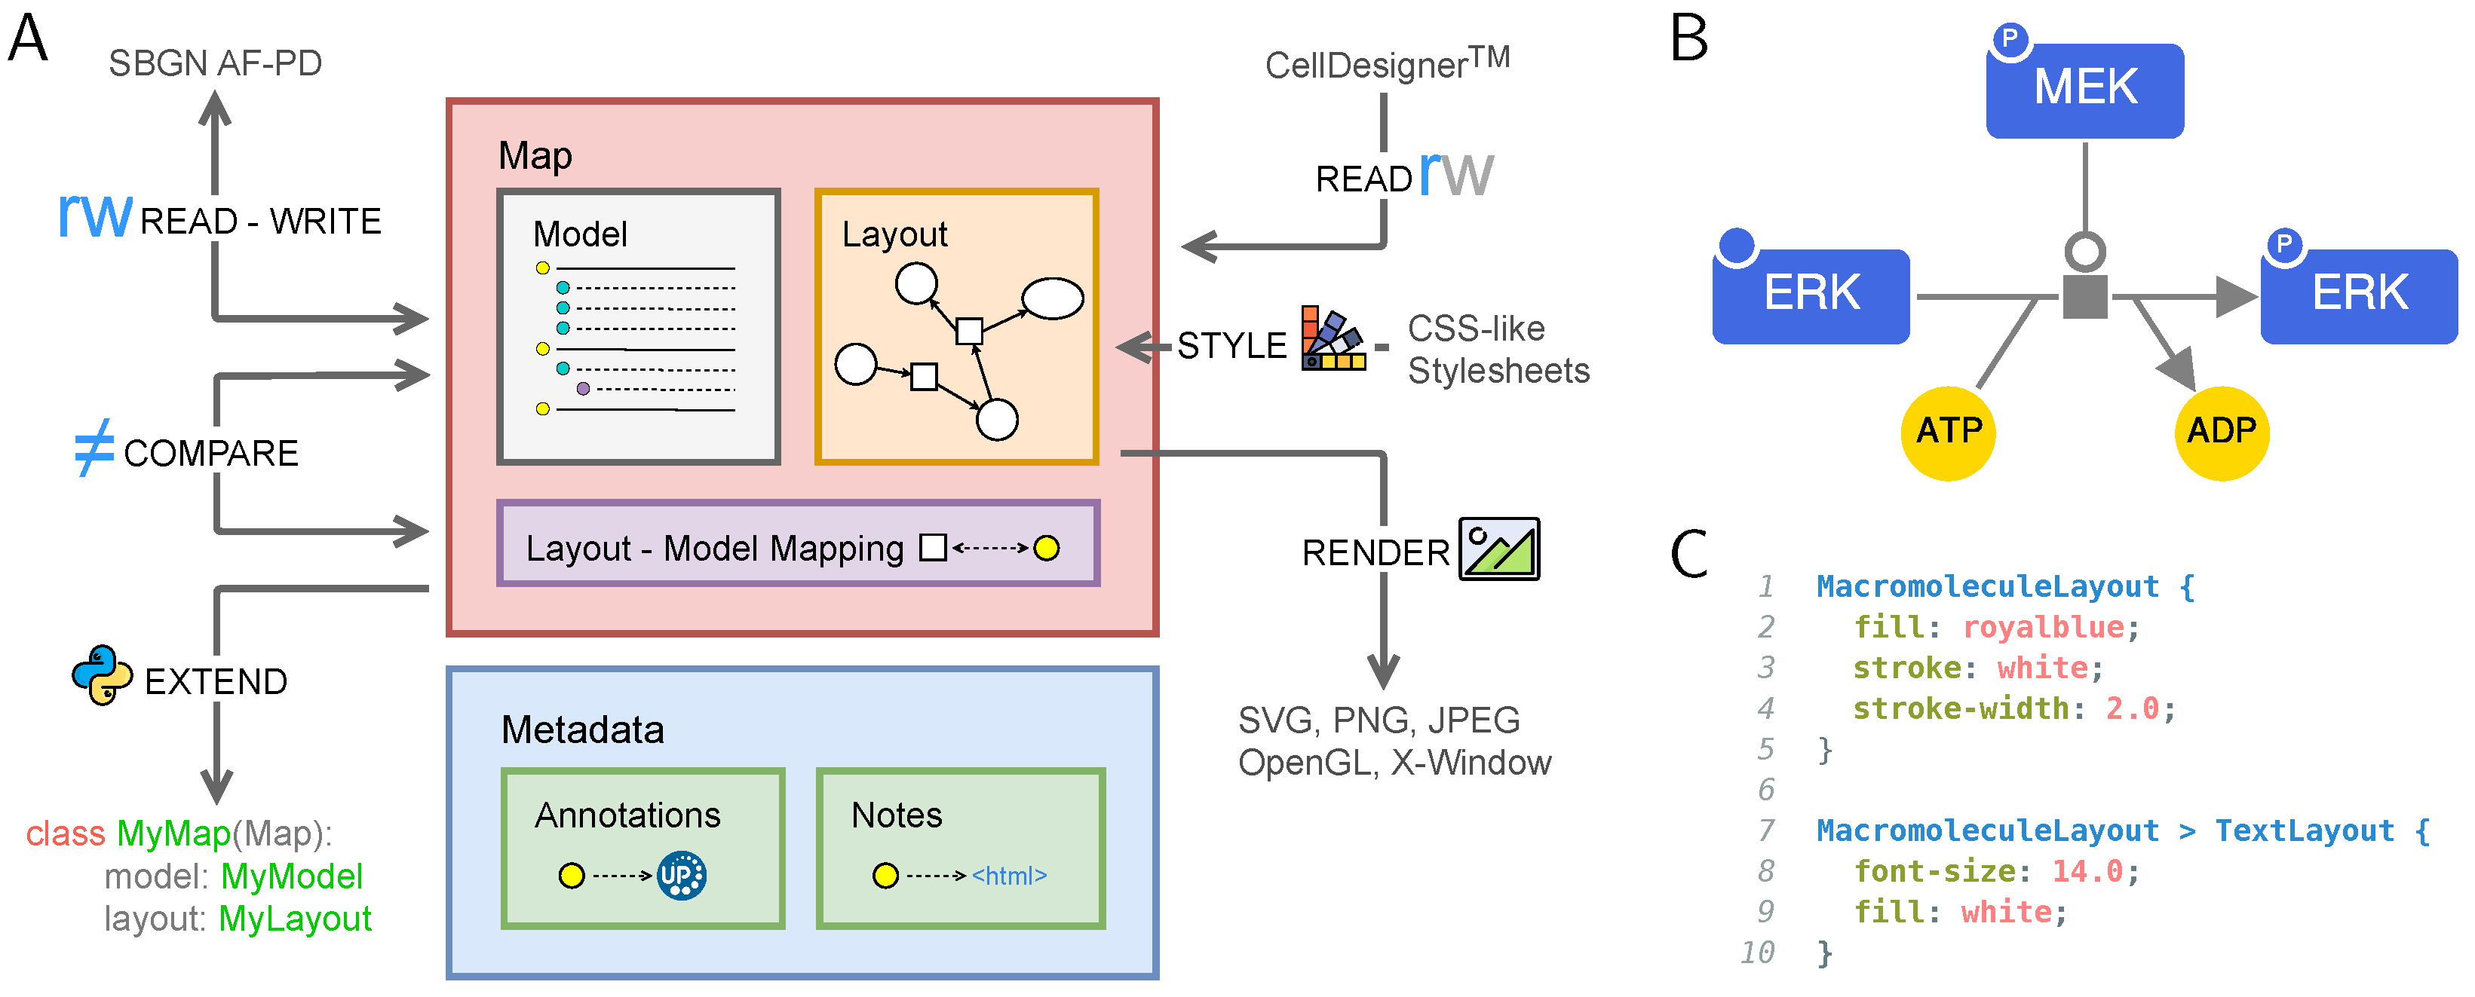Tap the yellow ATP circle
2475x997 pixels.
click(x=1948, y=433)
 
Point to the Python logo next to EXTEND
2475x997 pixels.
click(x=102, y=675)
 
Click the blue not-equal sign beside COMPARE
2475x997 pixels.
click(x=94, y=448)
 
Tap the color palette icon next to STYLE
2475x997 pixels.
click(x=1333, y=338)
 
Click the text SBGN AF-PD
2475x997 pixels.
click(x=215, y=63)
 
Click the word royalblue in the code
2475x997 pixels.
click(x=2043, y=627)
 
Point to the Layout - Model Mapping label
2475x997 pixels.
click(x=715, y=549)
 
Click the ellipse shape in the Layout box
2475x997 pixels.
click(x=1052, y=298)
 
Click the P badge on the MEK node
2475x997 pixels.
click(x=2009, y=39)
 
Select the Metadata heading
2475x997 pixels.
click(x=582, y=730)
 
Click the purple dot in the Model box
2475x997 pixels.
click(x=583, y=389)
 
